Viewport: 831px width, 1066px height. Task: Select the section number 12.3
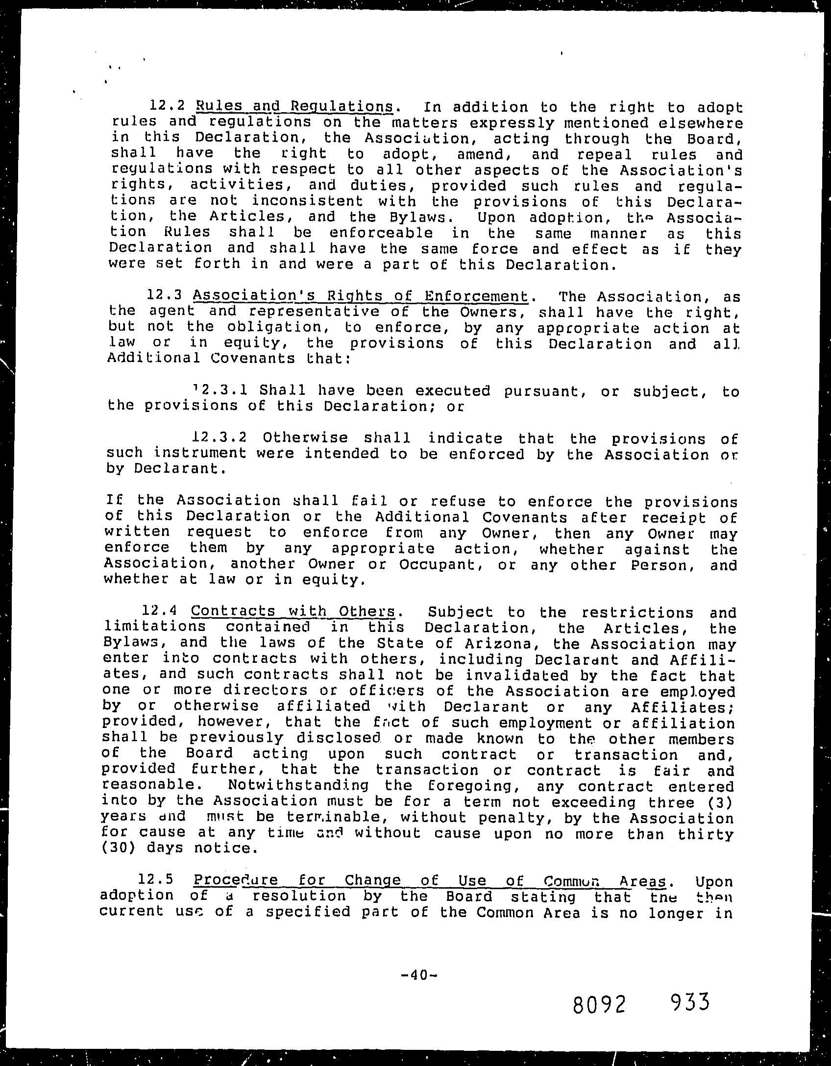coord(164,295)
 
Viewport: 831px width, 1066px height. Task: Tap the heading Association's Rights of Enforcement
coord(361,296)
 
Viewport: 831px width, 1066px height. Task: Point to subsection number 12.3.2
coord(224,436)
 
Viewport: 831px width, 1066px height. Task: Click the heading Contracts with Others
coord(293,611)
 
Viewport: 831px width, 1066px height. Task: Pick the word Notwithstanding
coord(298,785)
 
